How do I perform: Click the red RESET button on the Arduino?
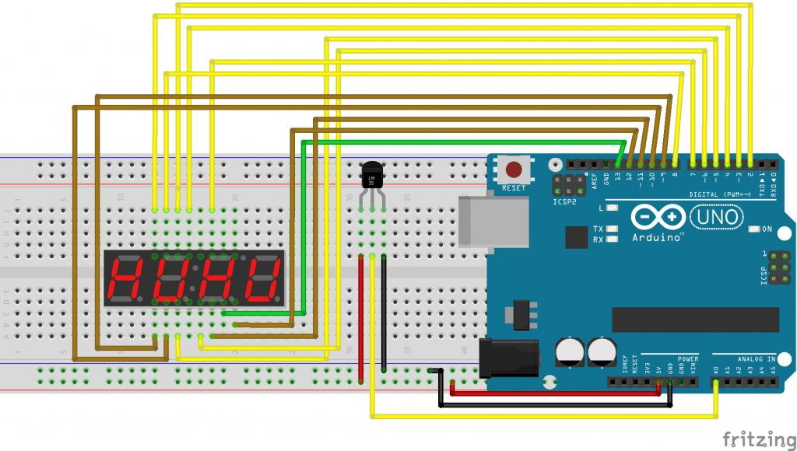pyautogui.click(x=514, y=169)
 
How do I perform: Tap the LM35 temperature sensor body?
pyautogui.click(x=373, y=176)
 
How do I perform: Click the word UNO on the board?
pyautogui.click(x=717, y=217)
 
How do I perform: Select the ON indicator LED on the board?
pyautogui.click(x=753, y=229)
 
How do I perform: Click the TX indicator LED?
pyautogui.click(x=613, y=229)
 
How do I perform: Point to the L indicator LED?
pyautogui.click(x=613, y=208)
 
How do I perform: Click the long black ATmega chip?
pyautogui.click(x=695, y=319)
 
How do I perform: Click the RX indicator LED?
pyautogui.click(x=613, y=239)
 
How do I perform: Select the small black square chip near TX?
pyautogui.click(x=577, y=236)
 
